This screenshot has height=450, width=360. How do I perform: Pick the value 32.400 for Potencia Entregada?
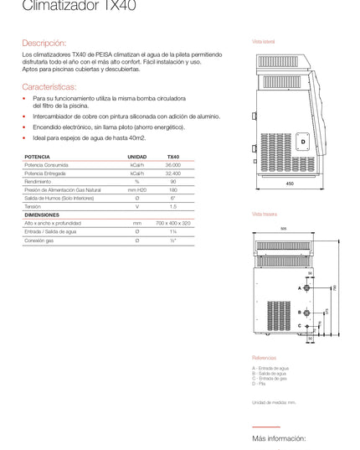click(x=172, y=173)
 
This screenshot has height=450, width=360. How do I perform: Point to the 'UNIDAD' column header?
click(x=136, y=157)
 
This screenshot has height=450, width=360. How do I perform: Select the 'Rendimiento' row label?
click(x=39, y=181)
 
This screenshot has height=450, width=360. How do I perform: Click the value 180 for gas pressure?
click(x=172, y=189)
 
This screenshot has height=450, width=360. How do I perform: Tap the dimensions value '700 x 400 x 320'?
click(x=172, y=224)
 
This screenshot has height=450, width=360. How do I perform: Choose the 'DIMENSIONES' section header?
click(x=42, y=215)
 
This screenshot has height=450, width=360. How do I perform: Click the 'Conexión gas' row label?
click(x=39, y=241)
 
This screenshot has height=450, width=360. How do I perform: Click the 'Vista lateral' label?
click(x=264, y=40)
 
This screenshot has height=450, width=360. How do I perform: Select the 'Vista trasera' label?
click(x=265, y=214)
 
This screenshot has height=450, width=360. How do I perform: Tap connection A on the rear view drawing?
click(x=300, y=287)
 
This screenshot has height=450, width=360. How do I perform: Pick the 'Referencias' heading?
click(x=264, y=357)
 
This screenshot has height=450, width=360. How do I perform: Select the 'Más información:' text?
click(x=279, y=438)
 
